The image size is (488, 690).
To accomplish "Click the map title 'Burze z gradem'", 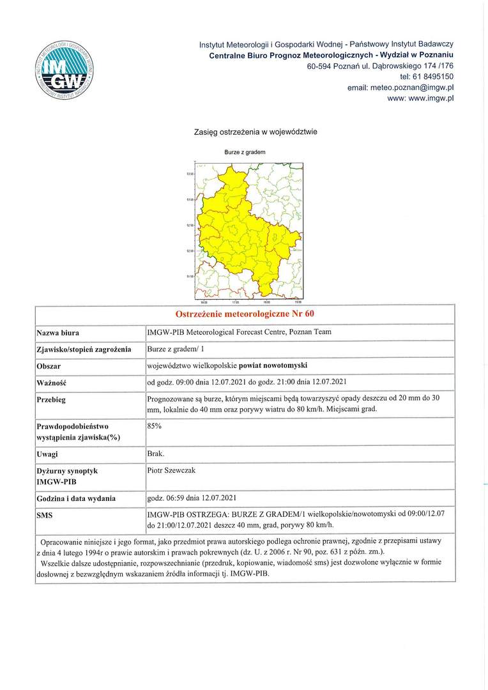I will pos(245,153).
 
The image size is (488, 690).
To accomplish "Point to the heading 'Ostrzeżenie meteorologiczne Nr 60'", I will pos(245,314).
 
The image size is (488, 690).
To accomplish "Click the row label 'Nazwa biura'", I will pos(58,333).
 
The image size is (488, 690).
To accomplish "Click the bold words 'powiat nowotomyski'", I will pos(273,365).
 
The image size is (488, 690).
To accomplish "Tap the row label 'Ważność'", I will pos(52,383).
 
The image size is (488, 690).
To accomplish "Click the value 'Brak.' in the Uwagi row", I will pos(156,454).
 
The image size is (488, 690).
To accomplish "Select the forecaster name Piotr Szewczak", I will pos(172,470).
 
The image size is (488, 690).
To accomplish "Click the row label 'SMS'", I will pos(45,514).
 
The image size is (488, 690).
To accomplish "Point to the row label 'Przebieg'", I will pos(52,399).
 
